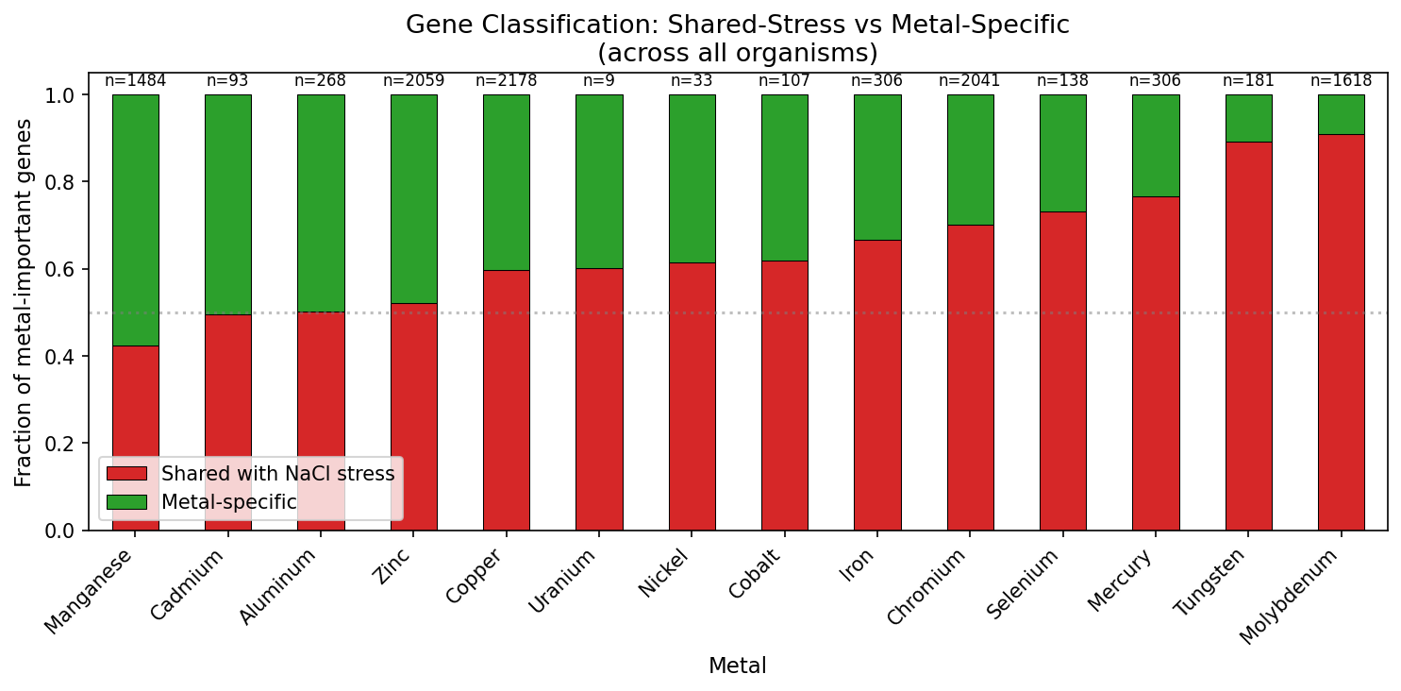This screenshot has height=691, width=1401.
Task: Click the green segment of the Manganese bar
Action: tap(135, 220)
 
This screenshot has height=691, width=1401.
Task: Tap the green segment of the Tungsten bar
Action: tap(1248, 118)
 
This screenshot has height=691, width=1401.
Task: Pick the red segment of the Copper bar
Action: tap(506, 400)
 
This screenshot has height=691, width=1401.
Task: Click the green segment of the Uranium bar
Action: tap(599, 181)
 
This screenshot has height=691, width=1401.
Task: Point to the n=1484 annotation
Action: tap(135, 81)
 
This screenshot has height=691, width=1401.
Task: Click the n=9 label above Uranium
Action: tap(599, 81)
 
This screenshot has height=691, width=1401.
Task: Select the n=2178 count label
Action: tap(506, 81)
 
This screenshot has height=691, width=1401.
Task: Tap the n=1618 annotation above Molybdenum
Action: tap(1341, 81)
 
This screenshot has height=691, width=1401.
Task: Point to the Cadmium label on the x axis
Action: tap(189, 583)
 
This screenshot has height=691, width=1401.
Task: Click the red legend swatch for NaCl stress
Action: tap(126, 474)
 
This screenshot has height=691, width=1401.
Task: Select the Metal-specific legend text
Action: tap(228, 502)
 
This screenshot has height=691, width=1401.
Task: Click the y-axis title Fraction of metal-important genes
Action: tap(24, 303)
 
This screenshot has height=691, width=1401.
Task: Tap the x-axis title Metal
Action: tap(737, 666)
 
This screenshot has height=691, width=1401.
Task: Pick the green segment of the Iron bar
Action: tap(877, 167)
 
